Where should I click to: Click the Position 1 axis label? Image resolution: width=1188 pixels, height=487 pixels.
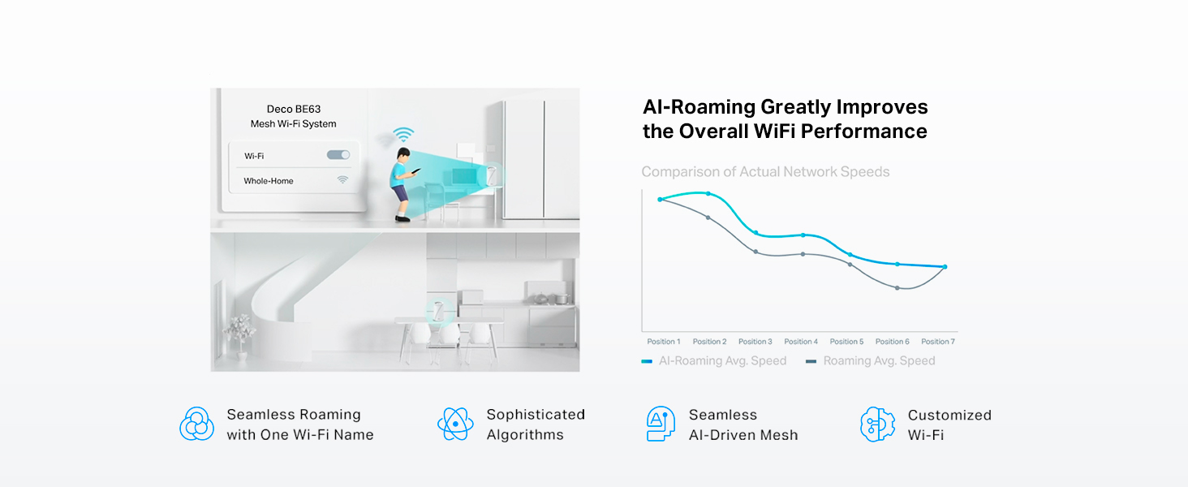(664, 342)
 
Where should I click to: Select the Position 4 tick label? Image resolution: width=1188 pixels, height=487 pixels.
(801, 342)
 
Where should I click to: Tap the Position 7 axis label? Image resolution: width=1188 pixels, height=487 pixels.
(938, 342)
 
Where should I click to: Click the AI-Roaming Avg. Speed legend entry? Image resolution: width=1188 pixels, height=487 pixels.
(714, 360)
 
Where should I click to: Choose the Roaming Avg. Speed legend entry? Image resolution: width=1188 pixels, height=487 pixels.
(871, 360)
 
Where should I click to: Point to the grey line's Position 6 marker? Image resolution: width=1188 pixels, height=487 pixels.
(897, 288)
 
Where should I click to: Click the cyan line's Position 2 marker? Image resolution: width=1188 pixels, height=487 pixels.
(708, 194)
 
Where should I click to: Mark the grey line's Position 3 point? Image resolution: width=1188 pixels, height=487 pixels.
(755, 252)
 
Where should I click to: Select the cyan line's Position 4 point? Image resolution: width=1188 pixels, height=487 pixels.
(803, 235)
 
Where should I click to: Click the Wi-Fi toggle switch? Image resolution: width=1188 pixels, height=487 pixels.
(338, 155)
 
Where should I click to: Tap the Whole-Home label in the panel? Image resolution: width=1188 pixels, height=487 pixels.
(269, 181)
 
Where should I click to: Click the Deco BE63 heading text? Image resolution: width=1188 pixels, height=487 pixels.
(293, 110)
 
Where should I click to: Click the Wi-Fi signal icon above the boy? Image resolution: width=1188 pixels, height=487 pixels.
(403, 134)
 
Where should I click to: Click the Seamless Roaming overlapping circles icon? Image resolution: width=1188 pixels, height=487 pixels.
(196, 424)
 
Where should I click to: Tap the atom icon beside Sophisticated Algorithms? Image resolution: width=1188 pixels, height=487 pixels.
(455, 424)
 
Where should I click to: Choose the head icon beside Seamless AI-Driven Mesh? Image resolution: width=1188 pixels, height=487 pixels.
(661, 424)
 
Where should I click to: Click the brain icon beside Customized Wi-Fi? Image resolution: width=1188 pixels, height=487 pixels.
(878, 424)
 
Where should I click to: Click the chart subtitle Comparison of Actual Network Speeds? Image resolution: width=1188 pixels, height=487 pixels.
(765, 172)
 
